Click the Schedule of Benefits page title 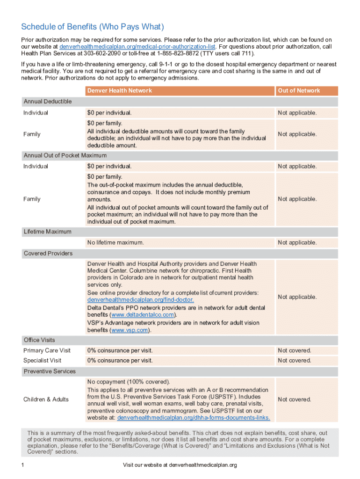click(x=93, y=27)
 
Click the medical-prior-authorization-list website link click(x=138, y=47)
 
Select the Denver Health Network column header click(x=119, y=91)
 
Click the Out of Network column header click(x=299, y=91)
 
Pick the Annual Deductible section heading click(x=48, y=102)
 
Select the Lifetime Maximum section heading click(x=48, y=232)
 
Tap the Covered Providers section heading click(x=48, y=254)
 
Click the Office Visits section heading click(x=39, y=340)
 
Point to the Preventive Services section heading click(x=50, y=371)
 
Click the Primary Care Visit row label click(x=47, y=350)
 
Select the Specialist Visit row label click(x=42, y=361)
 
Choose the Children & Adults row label click(x=46, y=399)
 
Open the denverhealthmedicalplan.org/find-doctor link click(x=140, y=300)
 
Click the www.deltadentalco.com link click(x=145, y=315)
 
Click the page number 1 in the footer click(x=22, y=465)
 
